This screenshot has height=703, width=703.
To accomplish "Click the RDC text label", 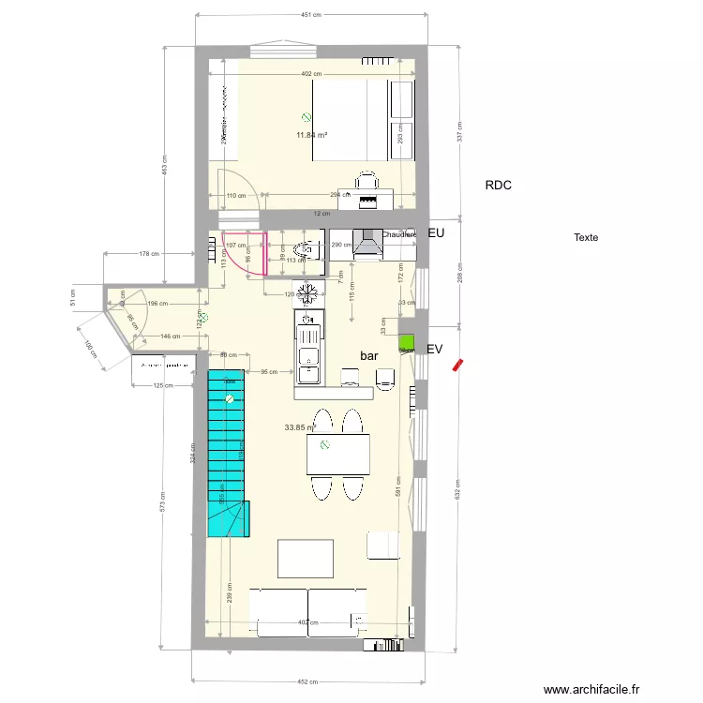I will [498, 186].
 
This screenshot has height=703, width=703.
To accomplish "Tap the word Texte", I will [586, 238].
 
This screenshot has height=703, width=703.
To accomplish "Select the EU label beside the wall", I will [435, 232].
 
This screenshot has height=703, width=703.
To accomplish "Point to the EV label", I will [434, 349].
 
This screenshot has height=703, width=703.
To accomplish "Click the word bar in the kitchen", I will [369, 356].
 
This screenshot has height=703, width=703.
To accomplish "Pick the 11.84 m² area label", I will [311, 135].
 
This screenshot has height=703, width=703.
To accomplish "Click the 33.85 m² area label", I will [299, 427].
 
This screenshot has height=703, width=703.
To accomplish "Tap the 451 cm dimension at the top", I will [311, 15].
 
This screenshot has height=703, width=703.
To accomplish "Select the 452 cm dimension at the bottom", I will [309, 681].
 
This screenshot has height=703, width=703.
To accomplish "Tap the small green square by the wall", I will [407, 342].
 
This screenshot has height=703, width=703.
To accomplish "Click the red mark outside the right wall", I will [456, 365].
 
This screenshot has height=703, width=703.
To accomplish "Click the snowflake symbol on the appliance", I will [308, 292].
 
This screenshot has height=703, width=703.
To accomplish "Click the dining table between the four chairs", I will [337, 455].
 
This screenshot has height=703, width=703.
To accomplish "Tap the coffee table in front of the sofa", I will [305, 558].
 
